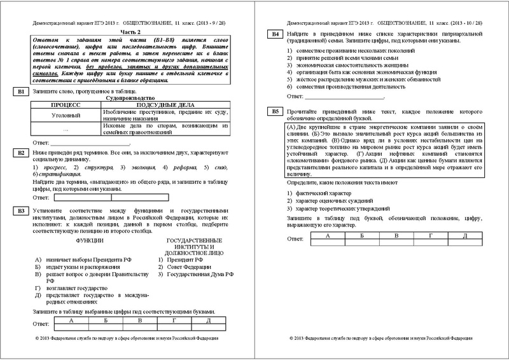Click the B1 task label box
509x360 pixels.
22,93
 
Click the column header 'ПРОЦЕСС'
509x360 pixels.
66,106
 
